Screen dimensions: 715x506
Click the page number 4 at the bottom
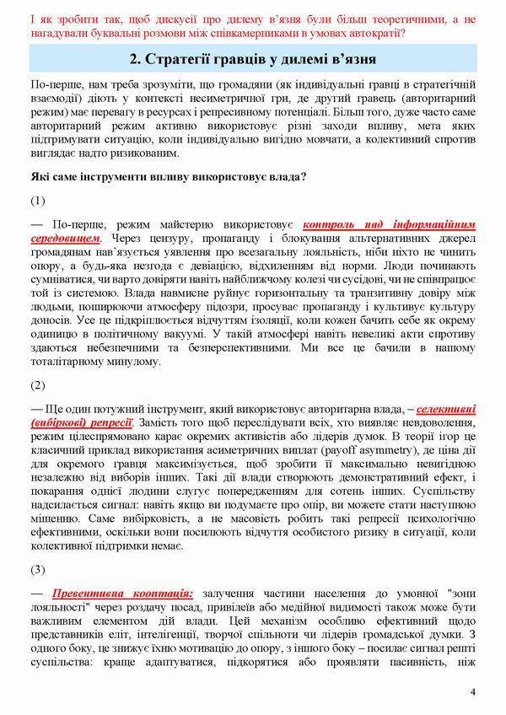(x=472, y=692)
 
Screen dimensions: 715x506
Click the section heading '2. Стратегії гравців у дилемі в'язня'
(x=253, y=60)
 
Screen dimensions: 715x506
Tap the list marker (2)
(x=37, y=385)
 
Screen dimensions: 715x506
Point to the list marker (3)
(x=37, y=569)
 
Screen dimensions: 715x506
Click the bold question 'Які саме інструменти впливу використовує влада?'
(x=168, y=177)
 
